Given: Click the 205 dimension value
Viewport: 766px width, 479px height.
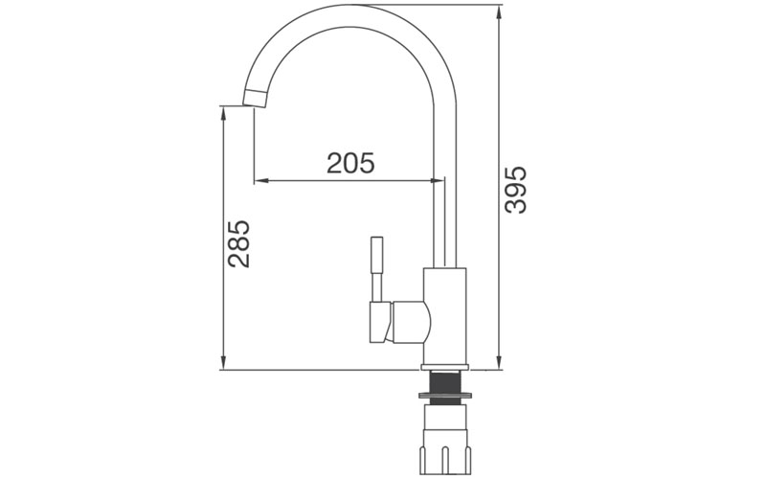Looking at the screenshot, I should click(350, 163).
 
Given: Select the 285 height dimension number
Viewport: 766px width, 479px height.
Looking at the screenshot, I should click(238, 245).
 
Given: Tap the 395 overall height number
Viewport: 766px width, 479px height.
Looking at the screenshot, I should click(516, 190).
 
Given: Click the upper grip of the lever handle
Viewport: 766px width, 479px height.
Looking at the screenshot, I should click(377, 253).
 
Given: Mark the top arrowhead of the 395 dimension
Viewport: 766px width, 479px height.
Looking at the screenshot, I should click(500, 12).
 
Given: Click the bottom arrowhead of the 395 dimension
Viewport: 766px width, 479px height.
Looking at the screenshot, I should click(500, 363).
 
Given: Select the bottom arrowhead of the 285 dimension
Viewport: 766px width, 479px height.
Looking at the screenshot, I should click(223, 363).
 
